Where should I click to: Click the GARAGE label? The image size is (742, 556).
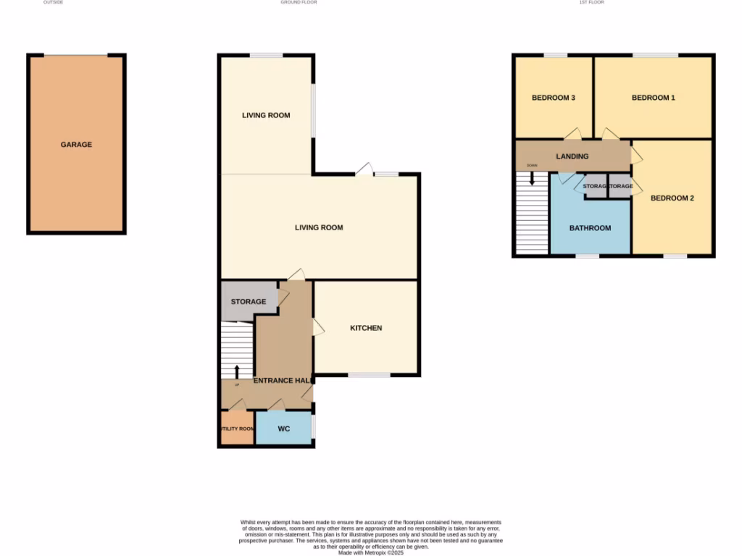coord(76,145)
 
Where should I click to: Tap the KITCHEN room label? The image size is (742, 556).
coord(366,328)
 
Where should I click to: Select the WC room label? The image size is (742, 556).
coord(284,429)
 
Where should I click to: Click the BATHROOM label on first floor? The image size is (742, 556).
coord(590,228)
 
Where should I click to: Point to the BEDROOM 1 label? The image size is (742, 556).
coord(653,98)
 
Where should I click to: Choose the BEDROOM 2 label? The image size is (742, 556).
coord(672,198)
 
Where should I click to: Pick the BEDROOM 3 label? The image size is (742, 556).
coord(553,98)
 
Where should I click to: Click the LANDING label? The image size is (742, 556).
coord(572,156)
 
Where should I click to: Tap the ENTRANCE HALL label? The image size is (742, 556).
coord(283,381)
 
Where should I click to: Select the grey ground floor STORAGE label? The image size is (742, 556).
coord(249,302)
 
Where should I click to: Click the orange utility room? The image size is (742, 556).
coord(237,429)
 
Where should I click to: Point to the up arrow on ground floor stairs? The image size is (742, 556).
coord(236,371)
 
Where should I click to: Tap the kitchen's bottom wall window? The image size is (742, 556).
coord(369,375)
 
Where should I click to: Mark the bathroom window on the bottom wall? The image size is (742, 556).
coord(588,256)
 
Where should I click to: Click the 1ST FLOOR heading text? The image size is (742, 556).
coord(591,3)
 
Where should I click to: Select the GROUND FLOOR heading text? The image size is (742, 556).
coord(299,3)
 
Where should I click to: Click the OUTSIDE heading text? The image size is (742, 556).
coord(53,3)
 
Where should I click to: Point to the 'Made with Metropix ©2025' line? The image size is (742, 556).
coord(370,553)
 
